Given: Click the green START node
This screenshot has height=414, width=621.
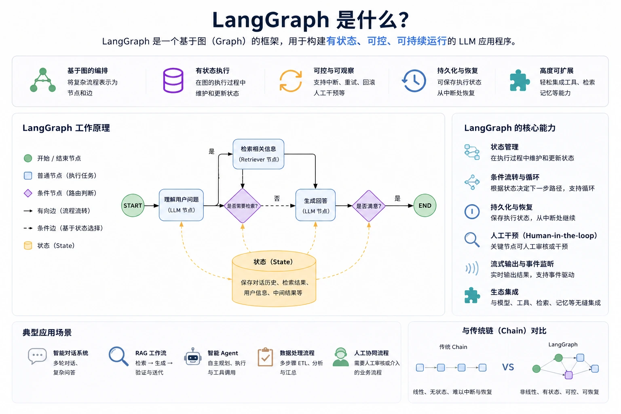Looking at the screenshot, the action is click(133, 205).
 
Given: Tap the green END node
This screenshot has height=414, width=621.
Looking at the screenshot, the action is click(425, 205).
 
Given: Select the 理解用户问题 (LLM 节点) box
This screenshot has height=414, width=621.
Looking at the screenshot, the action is click(181, 205).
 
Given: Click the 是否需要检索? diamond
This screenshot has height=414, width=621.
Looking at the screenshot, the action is click(242, 206).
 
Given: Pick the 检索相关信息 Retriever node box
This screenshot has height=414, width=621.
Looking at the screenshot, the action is click(258, 154).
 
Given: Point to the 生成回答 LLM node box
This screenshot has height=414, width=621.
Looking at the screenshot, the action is click(315, 205).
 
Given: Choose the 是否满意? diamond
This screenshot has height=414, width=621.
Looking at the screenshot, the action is click(369, 206).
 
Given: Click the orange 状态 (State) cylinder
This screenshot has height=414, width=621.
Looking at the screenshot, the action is click(274, 279).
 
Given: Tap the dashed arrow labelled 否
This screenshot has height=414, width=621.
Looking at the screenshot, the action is click(278, 206).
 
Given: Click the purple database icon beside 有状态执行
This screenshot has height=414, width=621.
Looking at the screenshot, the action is click(173, 80).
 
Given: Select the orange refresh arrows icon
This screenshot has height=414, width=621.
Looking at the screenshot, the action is click(291, 81).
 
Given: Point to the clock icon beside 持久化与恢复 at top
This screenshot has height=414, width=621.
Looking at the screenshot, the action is click(414, 81).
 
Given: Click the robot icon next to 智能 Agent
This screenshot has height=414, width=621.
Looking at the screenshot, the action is click(193, 357).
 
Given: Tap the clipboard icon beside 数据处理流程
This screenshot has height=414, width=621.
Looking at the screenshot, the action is click(265, 357).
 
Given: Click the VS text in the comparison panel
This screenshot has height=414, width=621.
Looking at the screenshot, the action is click(508, 367).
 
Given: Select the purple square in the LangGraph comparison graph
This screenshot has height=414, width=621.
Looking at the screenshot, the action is click(568, 375).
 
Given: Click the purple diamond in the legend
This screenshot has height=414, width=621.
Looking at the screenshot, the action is click(28, 193).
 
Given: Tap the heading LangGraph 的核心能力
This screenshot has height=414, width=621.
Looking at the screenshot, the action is click(510, 128).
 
